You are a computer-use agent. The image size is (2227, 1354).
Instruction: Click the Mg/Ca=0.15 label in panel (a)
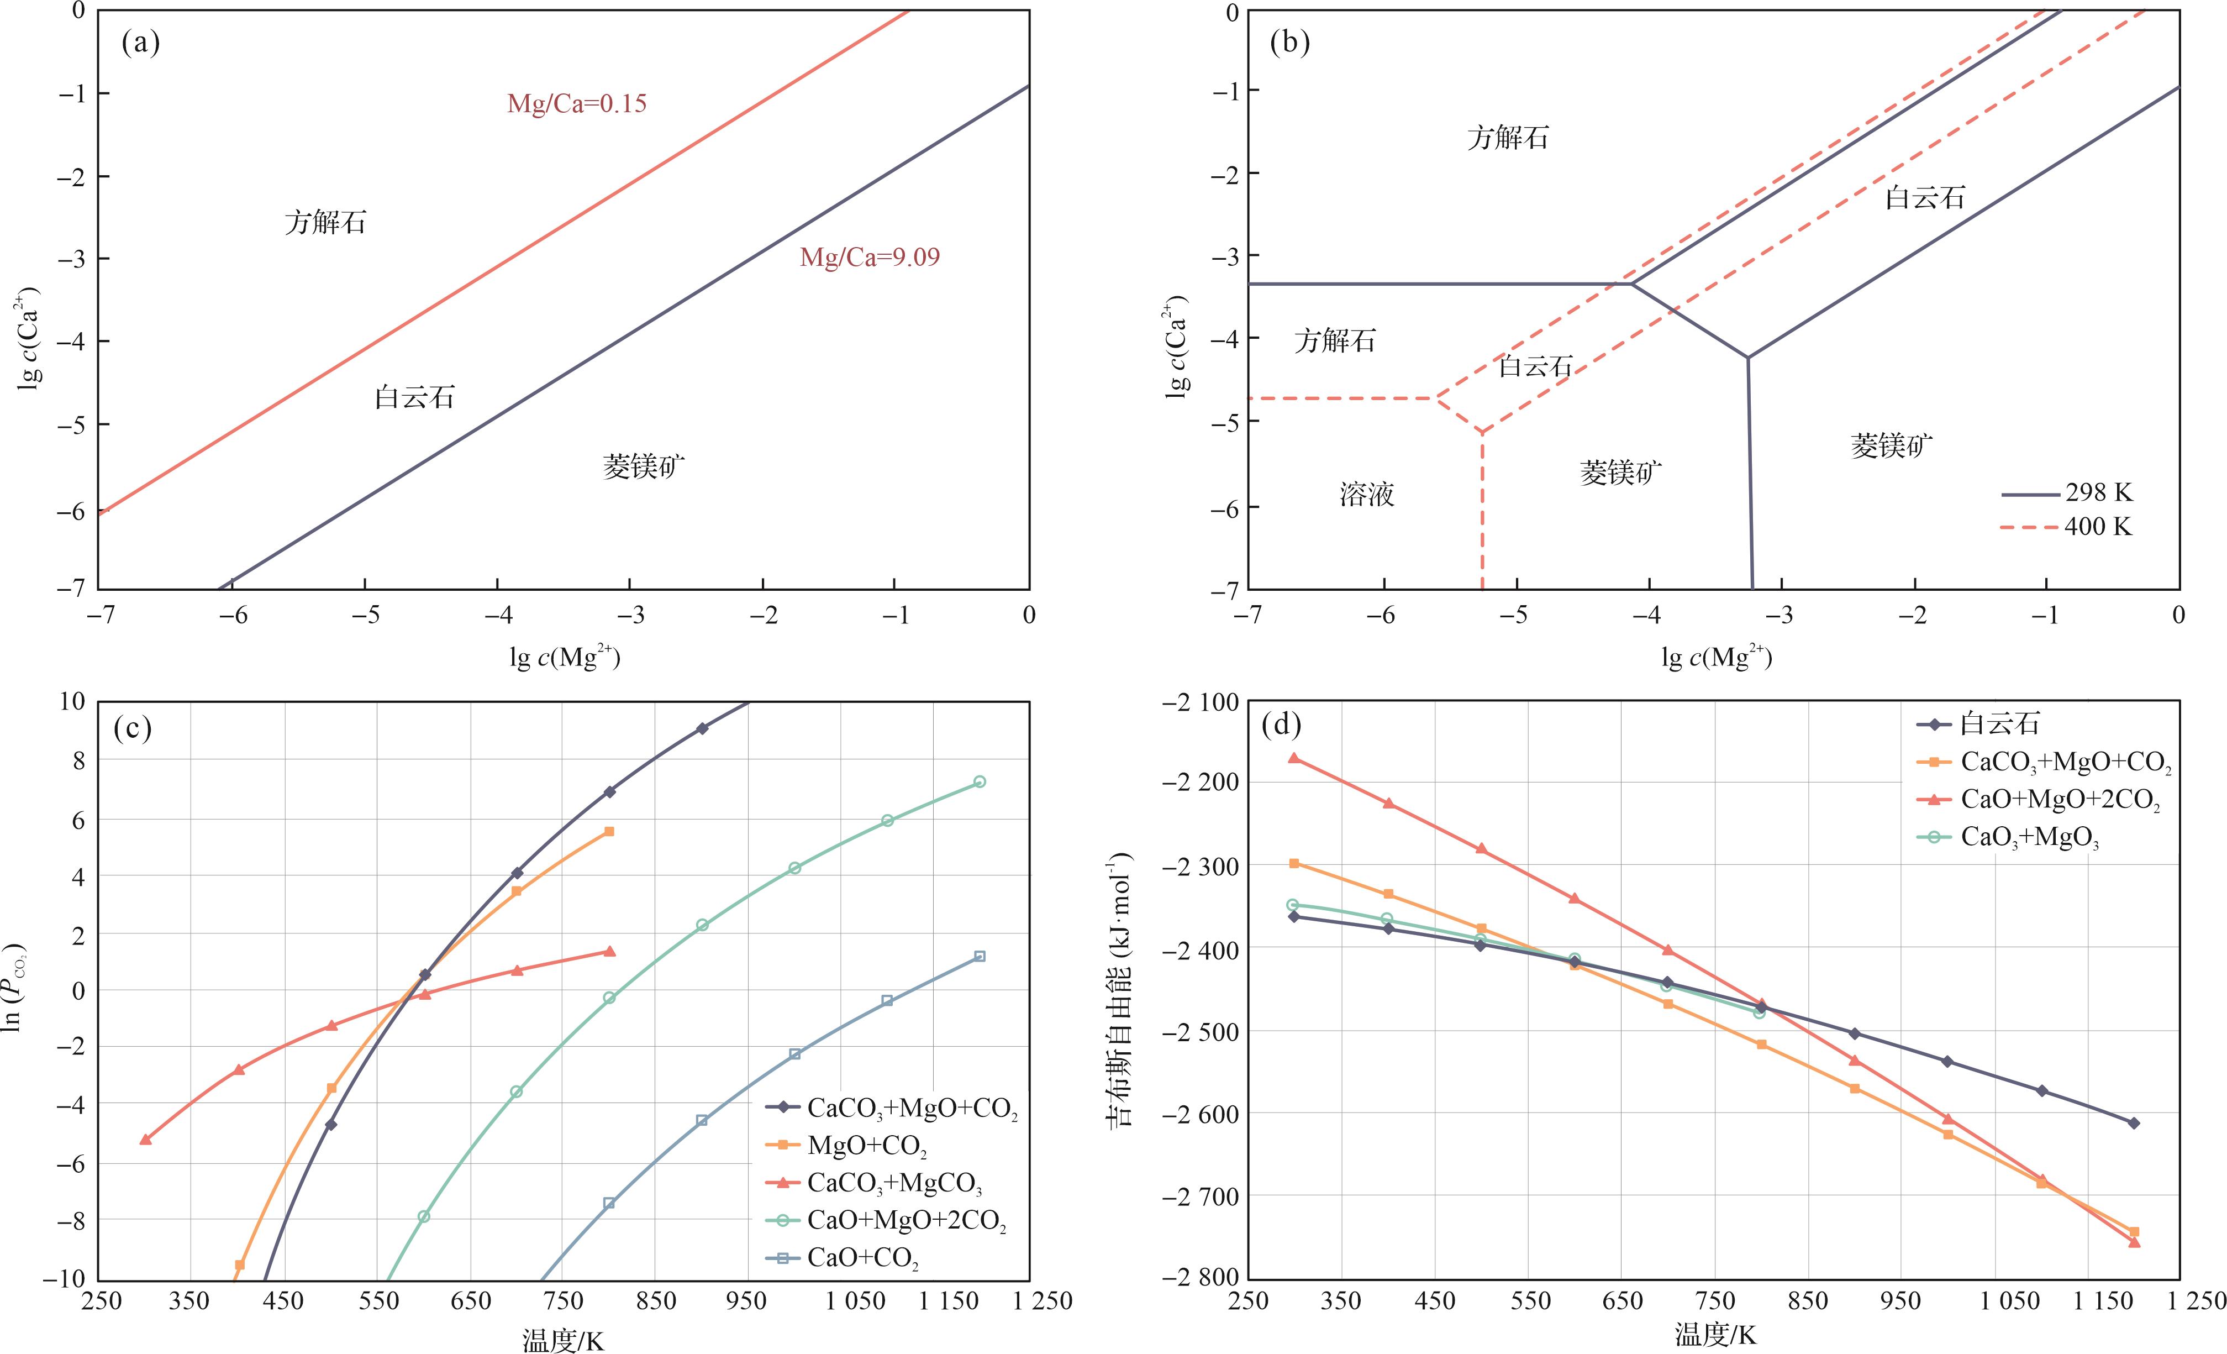577,104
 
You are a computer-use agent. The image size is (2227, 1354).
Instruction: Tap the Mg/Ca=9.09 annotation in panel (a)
870,258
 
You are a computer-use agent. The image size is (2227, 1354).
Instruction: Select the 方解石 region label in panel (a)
325,222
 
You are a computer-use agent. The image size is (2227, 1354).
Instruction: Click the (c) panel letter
132,728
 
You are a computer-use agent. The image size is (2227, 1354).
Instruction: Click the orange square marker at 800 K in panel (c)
609,831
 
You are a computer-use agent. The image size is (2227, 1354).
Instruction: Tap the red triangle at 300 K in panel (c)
145,1140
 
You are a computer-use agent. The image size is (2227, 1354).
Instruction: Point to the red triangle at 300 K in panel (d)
1294,758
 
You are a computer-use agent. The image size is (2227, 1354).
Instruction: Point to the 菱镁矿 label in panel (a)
644,466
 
